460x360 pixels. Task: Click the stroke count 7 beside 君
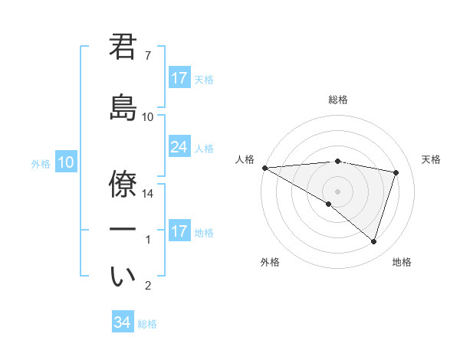(148, 56)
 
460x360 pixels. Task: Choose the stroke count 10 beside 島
(148, 116)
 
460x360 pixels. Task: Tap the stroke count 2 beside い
(148, 286)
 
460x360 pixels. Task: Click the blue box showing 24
(179, 147)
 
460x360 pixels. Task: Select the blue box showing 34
(123, 322)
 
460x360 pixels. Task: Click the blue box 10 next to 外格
(66, 162)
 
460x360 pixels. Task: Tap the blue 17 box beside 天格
(179, 78)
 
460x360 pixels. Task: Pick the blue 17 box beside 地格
(179, 231)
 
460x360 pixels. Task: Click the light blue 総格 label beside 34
(147, 324)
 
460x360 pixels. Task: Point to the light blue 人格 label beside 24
(204, 148)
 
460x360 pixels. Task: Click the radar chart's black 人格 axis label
(245, 159)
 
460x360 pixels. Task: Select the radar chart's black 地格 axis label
(402, 262)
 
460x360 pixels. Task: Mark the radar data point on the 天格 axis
(396, 172)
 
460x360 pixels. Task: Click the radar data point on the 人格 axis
(264, 167)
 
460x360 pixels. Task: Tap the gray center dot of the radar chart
(337, 190)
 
